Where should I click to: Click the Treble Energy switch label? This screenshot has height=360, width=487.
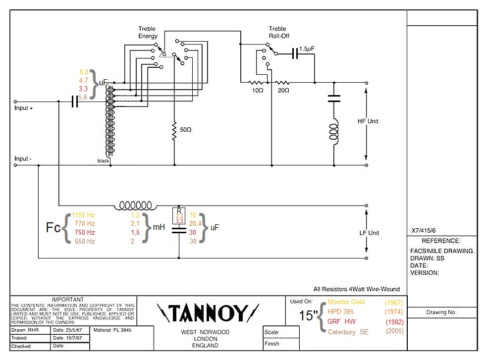(148, 33)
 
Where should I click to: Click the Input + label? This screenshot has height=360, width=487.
(24, 108)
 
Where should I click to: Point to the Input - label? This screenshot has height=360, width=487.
(23, 159)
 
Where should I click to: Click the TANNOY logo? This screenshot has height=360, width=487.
(208, 314)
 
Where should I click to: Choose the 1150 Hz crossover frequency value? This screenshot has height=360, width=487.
(83, 215)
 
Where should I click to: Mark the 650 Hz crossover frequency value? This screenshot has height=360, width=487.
(84, 241)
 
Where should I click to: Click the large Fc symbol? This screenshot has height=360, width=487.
(54, 228)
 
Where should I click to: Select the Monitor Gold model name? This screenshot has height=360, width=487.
(346, 302)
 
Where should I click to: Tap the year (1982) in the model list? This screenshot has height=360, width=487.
(395, 322)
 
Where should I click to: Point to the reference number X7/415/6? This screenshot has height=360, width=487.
(424, 230)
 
